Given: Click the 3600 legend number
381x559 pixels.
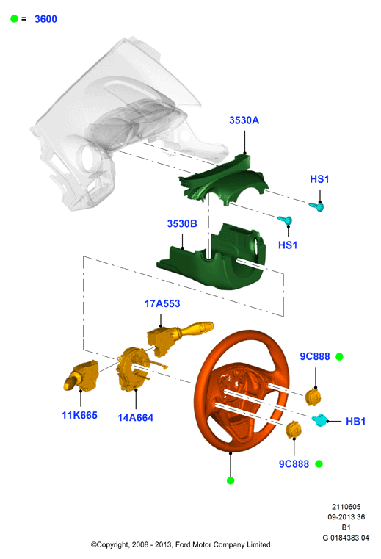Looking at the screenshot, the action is pos(46,19).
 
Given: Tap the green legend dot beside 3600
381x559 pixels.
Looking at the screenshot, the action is pos(14,18).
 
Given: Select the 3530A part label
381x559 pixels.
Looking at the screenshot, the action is pos(244,120).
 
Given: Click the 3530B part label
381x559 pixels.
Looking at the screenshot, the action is pos(182,223).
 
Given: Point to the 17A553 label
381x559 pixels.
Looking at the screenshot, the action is pos(162,303).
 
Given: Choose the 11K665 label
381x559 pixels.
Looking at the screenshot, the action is pos(79,415).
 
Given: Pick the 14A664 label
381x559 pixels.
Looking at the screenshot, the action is pos(135,417).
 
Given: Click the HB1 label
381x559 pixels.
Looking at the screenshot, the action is pos(356,422).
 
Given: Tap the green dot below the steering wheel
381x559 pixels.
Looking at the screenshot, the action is pos(231,480).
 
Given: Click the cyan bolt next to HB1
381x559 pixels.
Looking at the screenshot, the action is pos(319,420).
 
